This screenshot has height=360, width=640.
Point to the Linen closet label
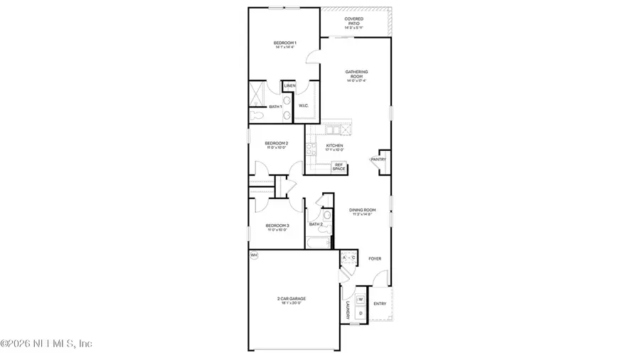(x=289, y=86)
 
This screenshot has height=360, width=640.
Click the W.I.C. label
(x=303, y=106)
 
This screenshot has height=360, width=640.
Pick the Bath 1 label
(x=275, y=107)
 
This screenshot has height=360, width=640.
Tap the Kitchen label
(x=335, y=147)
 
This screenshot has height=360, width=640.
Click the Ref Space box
(x=338, y=167)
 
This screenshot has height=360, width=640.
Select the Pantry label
(x=378, y=159)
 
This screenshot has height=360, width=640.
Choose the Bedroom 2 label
(x=277, y=144)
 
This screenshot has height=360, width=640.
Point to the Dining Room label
(x=362, y=211)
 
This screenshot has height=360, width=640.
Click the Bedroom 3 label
(x=277, y=226)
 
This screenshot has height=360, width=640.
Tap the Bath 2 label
(x=316, y=224)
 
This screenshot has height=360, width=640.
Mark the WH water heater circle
(x=254, y=255)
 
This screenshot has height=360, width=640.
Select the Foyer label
(x=375, y=258)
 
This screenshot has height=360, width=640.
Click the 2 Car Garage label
(x=289, y=300)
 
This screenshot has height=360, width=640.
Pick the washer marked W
(x=360, y=299)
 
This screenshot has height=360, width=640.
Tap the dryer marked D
(x=360, y=312)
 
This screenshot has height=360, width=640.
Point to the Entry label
(x=380, y=304)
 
